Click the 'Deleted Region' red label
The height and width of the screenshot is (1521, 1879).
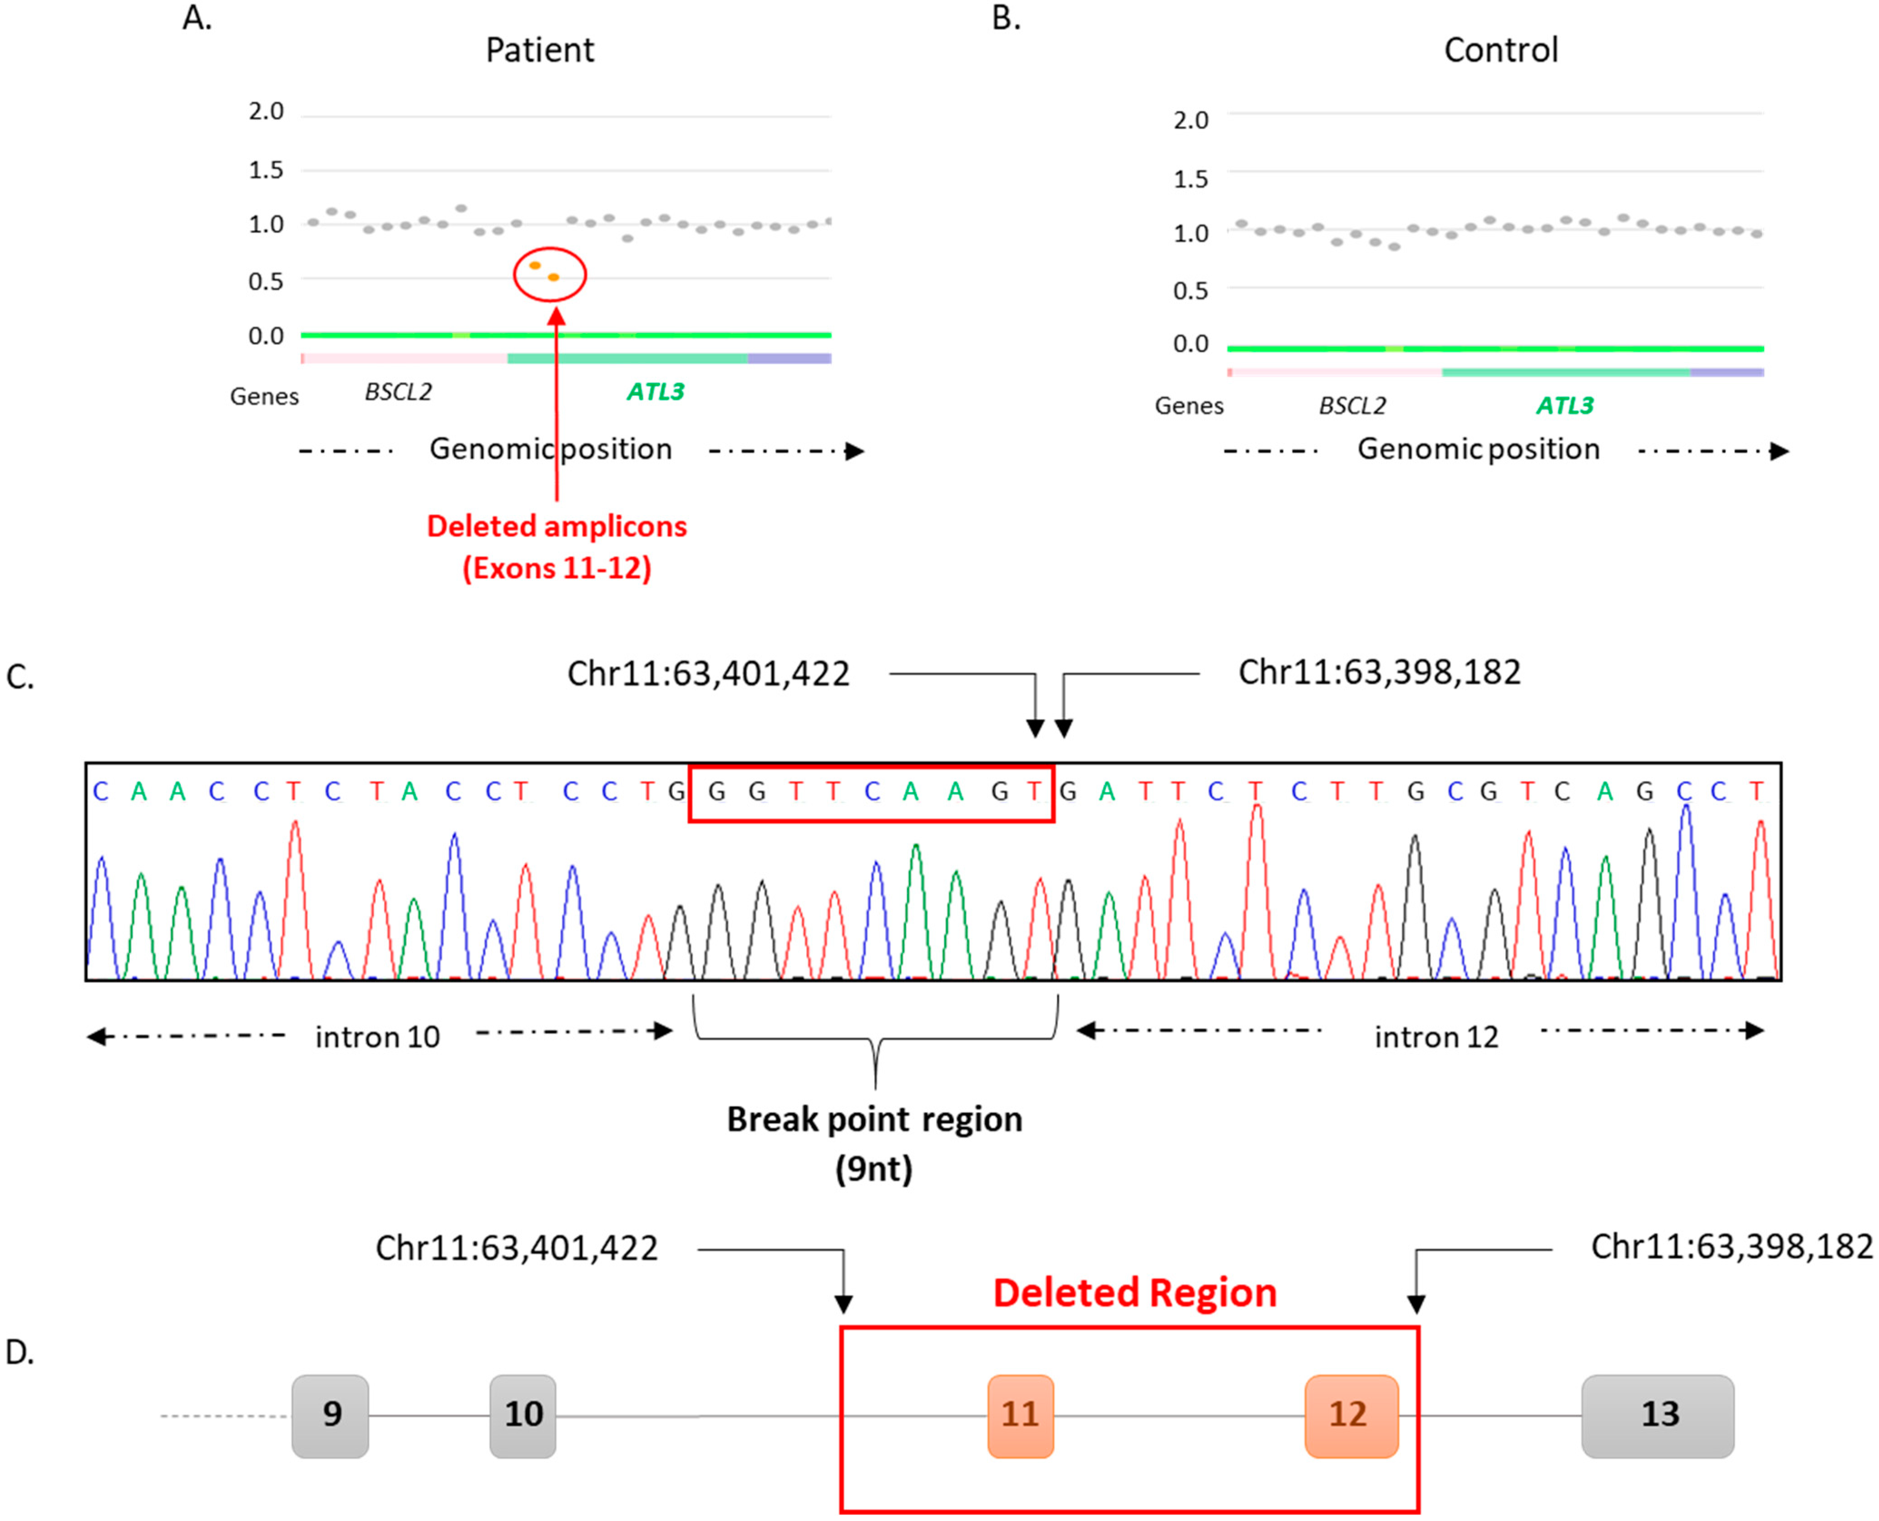pos(1134,1293)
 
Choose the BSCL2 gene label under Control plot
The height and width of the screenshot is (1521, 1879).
pos(1352,406)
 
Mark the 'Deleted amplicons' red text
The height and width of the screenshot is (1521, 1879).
pos(557,526)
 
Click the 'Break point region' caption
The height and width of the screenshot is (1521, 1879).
pos(874,1120)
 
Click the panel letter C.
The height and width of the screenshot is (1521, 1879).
pos(19,677)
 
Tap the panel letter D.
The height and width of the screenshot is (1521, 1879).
pos(19,1353)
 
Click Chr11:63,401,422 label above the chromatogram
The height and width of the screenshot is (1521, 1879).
pos(708,674)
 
